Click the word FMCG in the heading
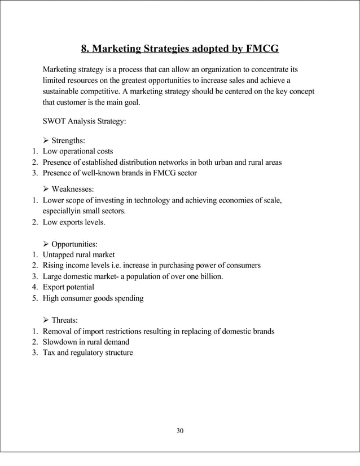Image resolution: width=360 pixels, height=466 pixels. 261,49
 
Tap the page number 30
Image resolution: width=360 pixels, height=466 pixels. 180,431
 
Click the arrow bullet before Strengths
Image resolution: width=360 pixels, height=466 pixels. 46,140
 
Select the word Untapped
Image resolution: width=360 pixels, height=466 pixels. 59,254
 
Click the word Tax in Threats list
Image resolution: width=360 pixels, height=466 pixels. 50,353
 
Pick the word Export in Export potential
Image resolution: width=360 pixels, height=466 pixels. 55,287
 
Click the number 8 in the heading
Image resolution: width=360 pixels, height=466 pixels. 85,49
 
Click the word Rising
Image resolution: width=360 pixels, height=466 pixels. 54,265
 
